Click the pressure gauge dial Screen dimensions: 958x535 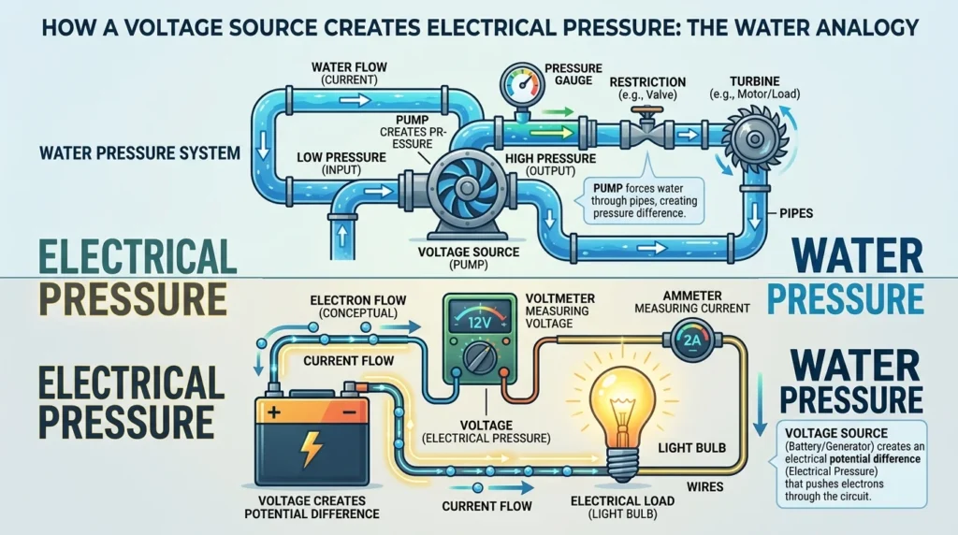[521, 85]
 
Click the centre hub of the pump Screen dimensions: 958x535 [468, 187]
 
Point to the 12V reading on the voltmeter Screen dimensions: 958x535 [479, 322]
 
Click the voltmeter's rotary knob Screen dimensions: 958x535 [480, 356]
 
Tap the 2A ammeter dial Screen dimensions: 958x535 [692, 340]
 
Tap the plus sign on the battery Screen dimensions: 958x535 [274, 412]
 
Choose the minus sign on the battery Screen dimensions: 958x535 [349, 412]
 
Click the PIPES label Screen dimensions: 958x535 [796, 214]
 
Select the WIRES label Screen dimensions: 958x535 [705, 486]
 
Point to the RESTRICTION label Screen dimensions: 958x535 [647, 81]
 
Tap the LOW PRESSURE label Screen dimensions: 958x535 [341, 157]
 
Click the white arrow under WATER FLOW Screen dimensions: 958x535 [356, 99]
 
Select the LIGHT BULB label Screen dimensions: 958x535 [691, 448]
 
